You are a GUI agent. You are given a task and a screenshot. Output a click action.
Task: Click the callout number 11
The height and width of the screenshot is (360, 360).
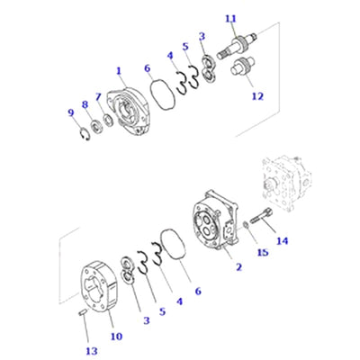(x=231, y=19)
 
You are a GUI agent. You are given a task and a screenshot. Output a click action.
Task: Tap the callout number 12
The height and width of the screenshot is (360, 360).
(x=257, y=96)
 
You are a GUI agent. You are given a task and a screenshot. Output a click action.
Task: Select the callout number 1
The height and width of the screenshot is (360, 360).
(x=119, y=71)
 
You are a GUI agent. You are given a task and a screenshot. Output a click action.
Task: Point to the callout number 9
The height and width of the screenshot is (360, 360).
(x=71, y=112)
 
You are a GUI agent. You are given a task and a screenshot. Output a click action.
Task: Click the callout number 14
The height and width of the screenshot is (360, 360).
(x=282, y=240)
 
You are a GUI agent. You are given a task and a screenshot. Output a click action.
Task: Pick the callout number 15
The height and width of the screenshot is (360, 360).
(x=263, y=252)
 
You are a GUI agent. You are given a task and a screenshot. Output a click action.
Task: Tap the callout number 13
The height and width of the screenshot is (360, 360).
(x=92, y=351)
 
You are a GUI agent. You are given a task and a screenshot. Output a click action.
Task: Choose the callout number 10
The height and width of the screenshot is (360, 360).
(x=116, y=337)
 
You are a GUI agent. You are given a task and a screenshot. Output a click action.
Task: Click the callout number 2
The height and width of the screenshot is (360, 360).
(x=238, y=266)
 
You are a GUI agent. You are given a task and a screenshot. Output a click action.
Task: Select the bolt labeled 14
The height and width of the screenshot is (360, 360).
(x=262, y=217)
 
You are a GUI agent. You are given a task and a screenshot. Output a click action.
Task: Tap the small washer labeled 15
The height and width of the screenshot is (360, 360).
(x=245, y=225)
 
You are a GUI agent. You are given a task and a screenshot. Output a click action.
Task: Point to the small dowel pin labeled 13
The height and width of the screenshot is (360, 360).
(x=82, y=312)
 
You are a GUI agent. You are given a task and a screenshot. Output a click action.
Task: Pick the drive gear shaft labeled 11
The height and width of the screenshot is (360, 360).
(x=237, y=46)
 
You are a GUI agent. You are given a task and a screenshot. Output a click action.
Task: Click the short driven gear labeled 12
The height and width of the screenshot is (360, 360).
(x=242, y=66)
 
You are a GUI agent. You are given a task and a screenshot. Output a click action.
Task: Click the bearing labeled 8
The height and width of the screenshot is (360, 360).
(x=96, y=126)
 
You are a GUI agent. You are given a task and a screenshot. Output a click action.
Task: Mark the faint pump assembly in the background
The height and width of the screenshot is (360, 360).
(x=286, y=183)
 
